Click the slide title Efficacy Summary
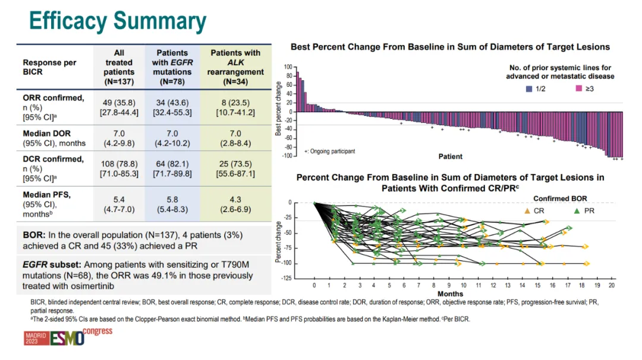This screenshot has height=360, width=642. click(x=118, y=21)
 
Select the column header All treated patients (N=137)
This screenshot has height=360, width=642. click(x=118, y=67)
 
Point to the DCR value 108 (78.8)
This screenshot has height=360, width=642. click(x=118, y=163)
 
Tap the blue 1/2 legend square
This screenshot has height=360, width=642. click(x=529, y=89)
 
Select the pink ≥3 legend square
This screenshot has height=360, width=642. click(x=577, y=89)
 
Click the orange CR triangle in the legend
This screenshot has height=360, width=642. click(x=527, y=210)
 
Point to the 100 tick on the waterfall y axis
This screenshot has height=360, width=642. click(x=288, y=67)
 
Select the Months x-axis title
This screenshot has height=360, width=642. click(x=450, y=293)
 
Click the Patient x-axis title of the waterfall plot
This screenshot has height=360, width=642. click(x=450, y=157)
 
